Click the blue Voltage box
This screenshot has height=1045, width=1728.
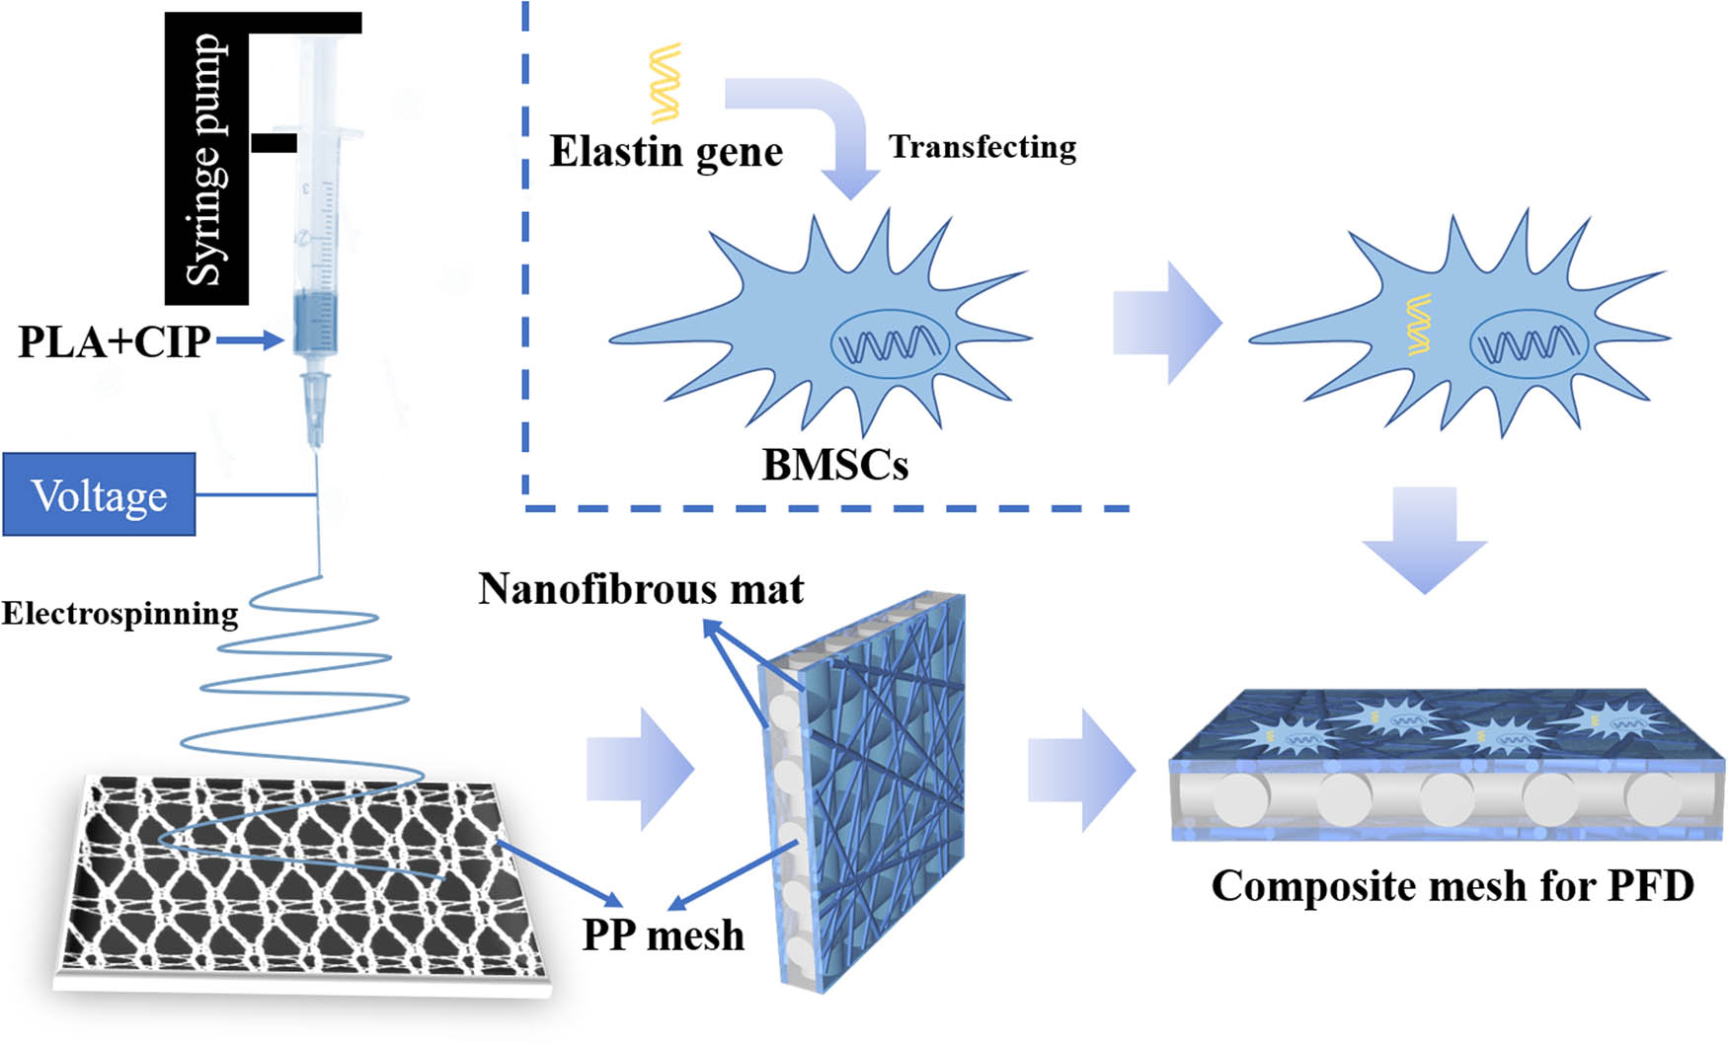coord(99,494)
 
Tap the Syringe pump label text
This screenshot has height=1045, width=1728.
coord(206,160)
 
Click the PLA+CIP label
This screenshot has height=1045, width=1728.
coord(115,341)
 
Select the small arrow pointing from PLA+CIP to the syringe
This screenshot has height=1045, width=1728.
coord(249,340)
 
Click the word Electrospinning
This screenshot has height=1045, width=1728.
coord(119,614)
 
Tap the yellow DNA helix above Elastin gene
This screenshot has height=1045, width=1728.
coord(665,82)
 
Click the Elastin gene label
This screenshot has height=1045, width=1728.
coord(666,152)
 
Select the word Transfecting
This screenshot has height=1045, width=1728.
coord(982,147)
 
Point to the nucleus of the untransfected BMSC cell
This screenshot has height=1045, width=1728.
coord(890,344)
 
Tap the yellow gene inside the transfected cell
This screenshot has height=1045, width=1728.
coord(1418,324)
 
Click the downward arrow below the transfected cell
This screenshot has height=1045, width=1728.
coord(1424,539)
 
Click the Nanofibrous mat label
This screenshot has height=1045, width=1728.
coord(641,589)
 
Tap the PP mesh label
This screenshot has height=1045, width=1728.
coord(663,935)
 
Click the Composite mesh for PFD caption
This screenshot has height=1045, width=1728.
coord(1452,885)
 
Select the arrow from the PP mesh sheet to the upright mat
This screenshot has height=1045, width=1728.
coord(640,769)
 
